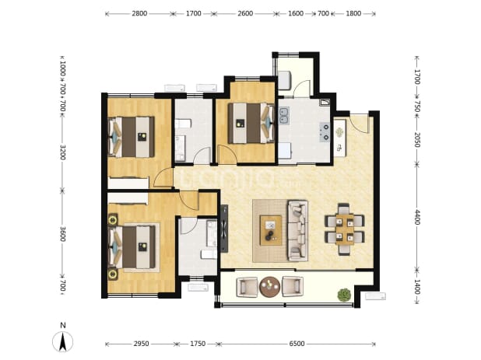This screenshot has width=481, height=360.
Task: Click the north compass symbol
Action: pos(62,338)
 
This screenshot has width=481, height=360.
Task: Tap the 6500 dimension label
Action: pos(297,344)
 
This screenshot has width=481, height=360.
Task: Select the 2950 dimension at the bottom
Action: pos(141,344)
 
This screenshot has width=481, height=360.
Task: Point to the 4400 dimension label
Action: pos(416,217)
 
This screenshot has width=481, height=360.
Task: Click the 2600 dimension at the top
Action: pos(245,13)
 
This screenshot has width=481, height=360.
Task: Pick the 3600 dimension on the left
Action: pos(62,234)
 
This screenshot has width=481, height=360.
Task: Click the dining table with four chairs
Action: pos(345,229)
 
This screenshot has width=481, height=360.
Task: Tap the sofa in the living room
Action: pos(297,231)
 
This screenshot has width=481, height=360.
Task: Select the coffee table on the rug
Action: pos(271,230)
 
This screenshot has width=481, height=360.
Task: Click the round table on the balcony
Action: pos(269,287)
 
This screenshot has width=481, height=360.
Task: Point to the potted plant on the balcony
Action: pos(344,295)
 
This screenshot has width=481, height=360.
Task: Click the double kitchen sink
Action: pos(284,117)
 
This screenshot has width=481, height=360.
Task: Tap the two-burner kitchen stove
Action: pos(325,132)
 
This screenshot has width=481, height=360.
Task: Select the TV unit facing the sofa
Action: pos(224,229)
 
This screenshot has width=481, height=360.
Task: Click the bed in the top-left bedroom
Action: pos(132,137)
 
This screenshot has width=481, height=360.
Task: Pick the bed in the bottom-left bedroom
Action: pos(132,246)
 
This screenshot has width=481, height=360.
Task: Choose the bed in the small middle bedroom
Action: pos(251,123)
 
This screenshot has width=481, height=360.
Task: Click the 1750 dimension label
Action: pos(198,344)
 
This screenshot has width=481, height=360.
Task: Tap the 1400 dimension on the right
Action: pos(416,287)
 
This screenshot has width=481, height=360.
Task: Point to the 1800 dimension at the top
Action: pos(353,13)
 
